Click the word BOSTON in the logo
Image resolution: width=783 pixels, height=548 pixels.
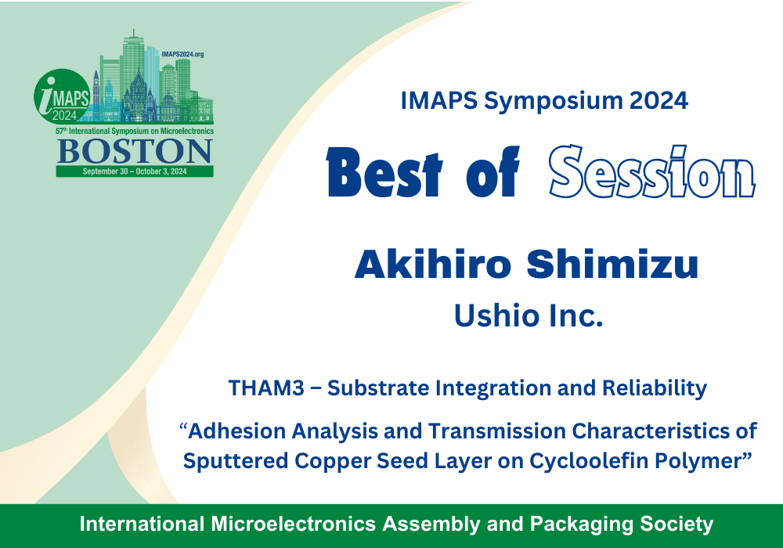tap(135, 151)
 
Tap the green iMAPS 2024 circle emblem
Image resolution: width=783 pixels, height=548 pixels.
tap(62, 96)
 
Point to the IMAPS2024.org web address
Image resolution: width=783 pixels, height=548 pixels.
tap(182, 54)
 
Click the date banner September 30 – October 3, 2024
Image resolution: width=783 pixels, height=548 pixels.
tap(135, 171)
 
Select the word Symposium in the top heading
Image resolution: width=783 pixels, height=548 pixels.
tap(554, 102)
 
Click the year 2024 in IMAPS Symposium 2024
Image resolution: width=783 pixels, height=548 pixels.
tap(659, 101)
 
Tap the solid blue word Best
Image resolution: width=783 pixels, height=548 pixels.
tap(384, 171)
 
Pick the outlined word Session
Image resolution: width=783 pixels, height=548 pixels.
tap(651, 171)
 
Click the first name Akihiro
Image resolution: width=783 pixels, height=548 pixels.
tap(433, 264)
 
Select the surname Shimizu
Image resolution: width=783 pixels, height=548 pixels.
tap(612, 264)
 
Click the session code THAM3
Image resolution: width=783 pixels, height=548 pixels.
tap(266, 388)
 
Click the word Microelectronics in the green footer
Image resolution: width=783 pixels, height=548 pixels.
tap(293, 524)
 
